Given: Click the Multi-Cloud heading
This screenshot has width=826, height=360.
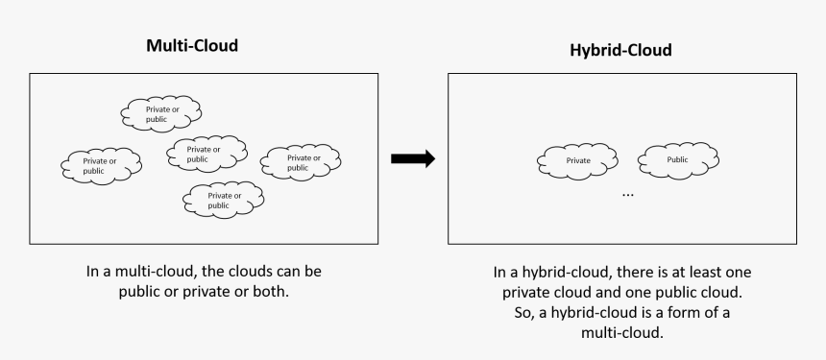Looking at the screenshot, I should (x=191, y=45).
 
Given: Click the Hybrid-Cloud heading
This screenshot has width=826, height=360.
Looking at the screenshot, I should (x=621, y=48).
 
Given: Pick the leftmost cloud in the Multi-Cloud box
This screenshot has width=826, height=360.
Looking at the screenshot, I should (x=101, y=165).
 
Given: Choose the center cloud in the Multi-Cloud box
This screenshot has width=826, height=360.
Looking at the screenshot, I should (x=205, y=154).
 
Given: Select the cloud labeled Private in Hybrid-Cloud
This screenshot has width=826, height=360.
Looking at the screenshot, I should (x=578, y=160).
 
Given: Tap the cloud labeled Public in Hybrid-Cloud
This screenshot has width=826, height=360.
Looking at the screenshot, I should (x=678, y=160).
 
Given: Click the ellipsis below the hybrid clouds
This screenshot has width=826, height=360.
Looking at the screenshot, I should (x=628, y=194).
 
